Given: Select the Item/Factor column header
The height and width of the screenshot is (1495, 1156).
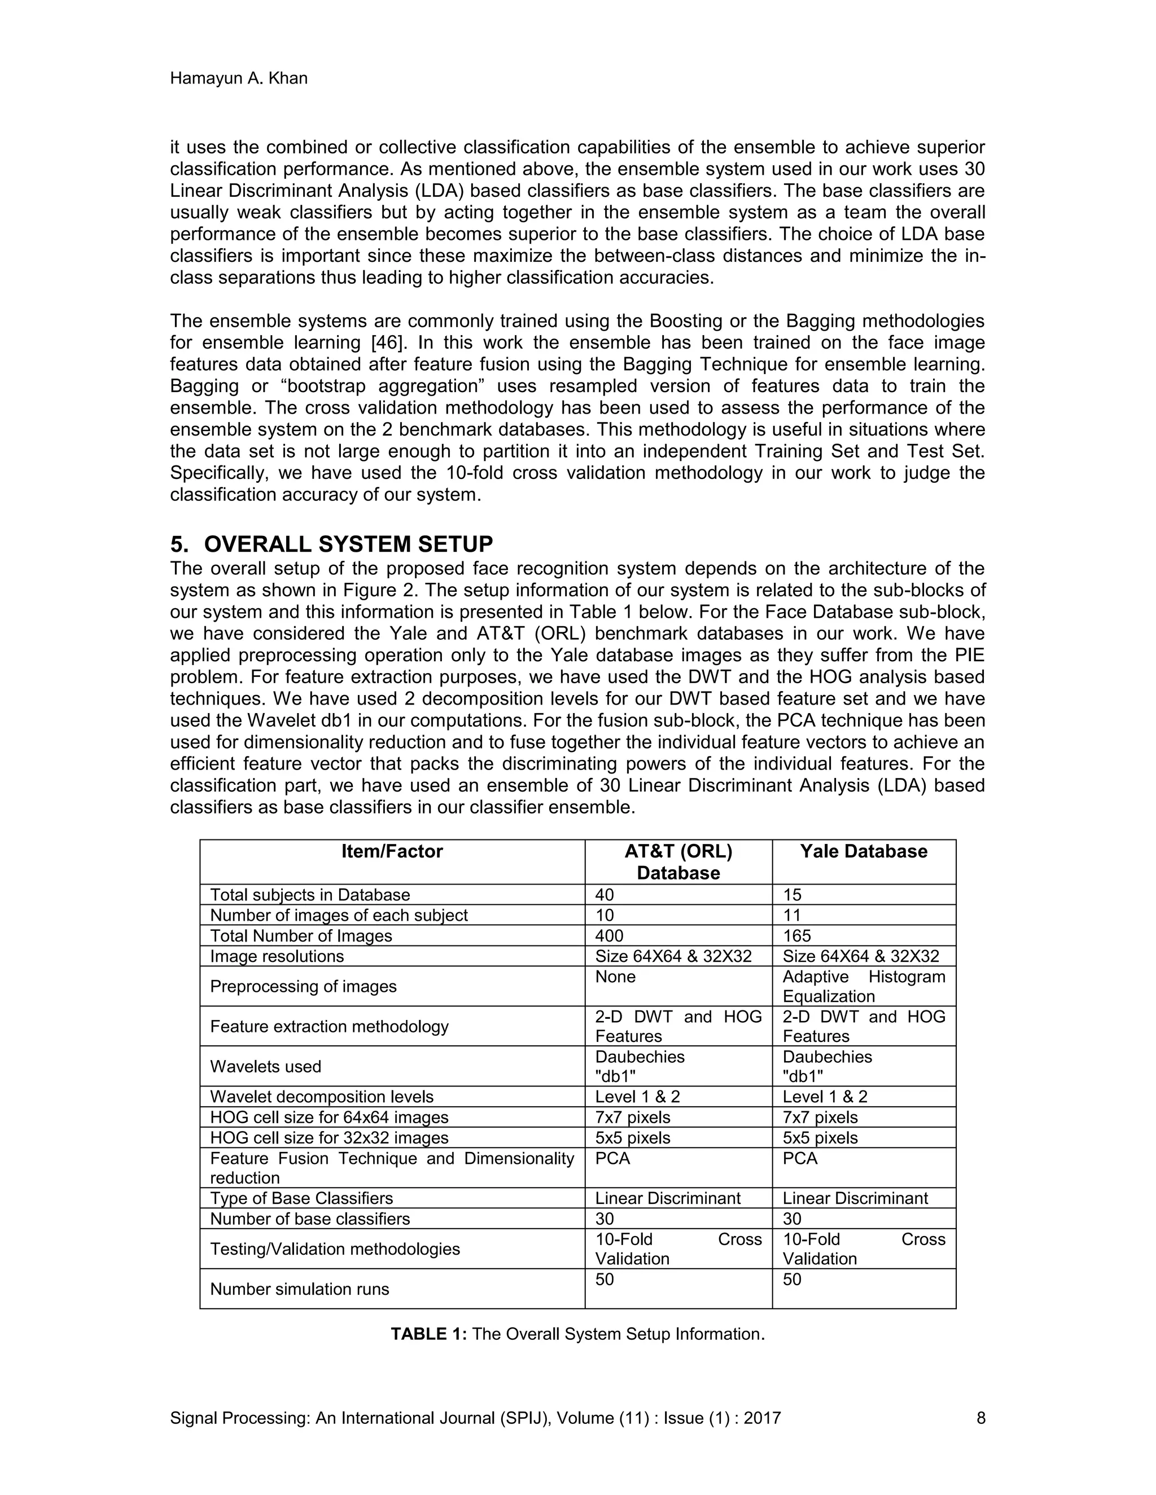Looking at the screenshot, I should coord(392,851).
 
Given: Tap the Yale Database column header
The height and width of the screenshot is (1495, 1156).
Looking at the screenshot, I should coord(863,851).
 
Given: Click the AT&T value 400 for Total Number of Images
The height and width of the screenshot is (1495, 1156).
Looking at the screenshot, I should coord(609,936).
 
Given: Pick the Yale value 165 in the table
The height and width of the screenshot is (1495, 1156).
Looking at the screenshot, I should coord(796,936).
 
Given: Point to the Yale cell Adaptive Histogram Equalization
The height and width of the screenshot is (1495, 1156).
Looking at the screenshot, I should coord(863,986).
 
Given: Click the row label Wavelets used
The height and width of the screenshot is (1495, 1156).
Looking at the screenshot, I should coord(265,1066).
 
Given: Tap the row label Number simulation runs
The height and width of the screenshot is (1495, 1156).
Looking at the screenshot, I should coord(299,1289).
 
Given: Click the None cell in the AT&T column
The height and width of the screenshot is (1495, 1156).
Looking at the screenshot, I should coord(615,977).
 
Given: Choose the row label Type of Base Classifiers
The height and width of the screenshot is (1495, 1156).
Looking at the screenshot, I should coord(301,1198).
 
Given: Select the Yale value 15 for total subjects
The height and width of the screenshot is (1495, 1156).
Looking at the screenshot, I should coord(792,895).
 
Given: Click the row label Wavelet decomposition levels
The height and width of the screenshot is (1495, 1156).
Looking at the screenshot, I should coord(321,1097).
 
